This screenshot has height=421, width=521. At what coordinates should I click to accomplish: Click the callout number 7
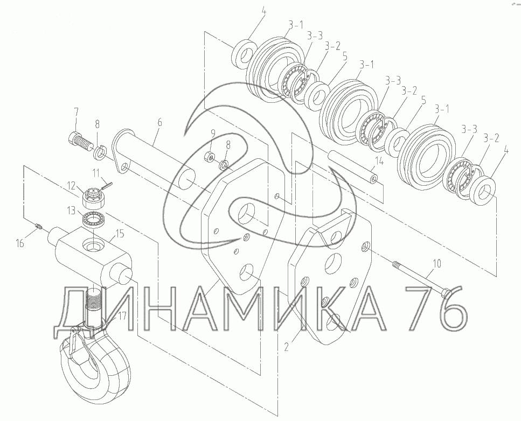(x=77, y=111)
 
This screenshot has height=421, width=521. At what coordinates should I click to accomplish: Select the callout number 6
(x=159, y=122)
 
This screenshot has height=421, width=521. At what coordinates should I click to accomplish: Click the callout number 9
(x=213, y=134)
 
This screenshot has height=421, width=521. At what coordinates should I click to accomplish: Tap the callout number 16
(x=20, y=243)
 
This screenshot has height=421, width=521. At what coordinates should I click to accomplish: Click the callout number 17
(x=122, y=315)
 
